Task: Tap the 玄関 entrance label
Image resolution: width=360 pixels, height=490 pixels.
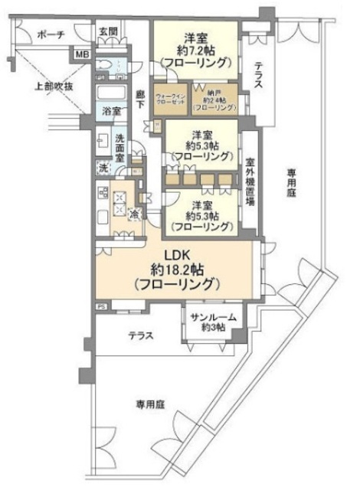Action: (x=108, y=31)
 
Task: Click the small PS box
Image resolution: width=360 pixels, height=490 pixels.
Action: (x=100, y=307)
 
